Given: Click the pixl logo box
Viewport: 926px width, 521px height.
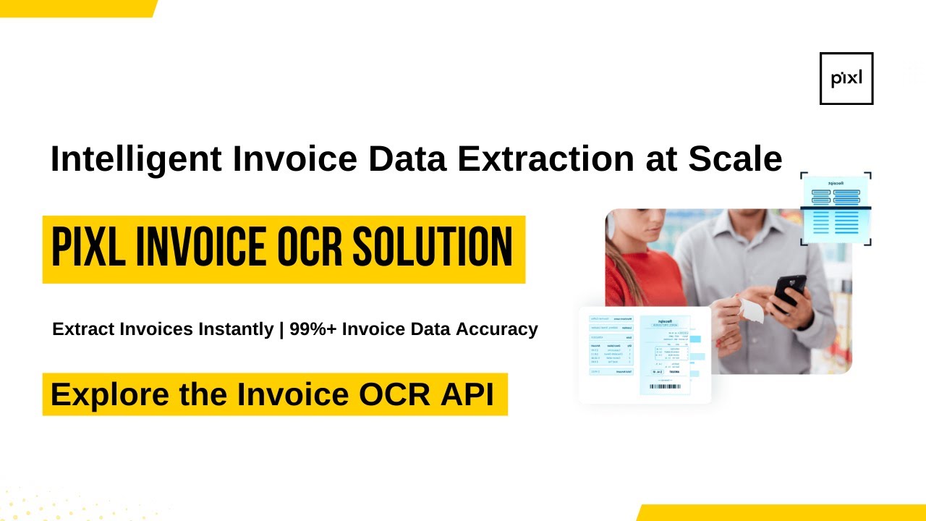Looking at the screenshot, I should click(x=846, y=78).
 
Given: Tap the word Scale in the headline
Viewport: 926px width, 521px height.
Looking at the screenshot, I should click(x=735, y=159).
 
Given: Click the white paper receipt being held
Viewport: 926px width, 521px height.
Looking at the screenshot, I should click(x=750, y=311).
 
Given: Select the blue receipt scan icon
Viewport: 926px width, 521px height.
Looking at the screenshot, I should click(x=836, y=209).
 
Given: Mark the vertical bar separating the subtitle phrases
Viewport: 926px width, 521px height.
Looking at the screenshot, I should click(x=281, y=329).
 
